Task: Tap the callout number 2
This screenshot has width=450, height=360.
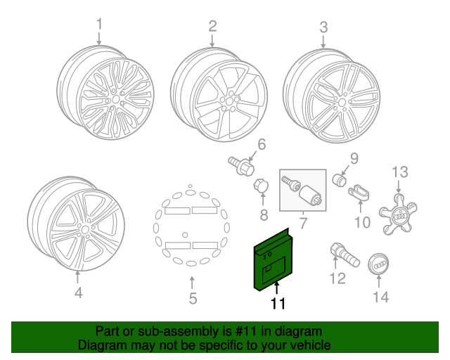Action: click(212, 27)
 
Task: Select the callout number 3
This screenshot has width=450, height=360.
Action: click(323, 27)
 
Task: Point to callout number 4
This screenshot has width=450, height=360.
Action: click(78, 292)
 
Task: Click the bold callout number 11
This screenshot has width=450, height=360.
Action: click(278, 304)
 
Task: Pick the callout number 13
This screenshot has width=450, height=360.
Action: click(399, 171)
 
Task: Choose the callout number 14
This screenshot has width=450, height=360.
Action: click(380, 297)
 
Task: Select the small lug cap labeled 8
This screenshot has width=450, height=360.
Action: click(259, 186)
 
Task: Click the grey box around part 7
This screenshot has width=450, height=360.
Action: click(303, 190)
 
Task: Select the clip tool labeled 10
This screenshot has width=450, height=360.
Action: click(359, 191)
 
